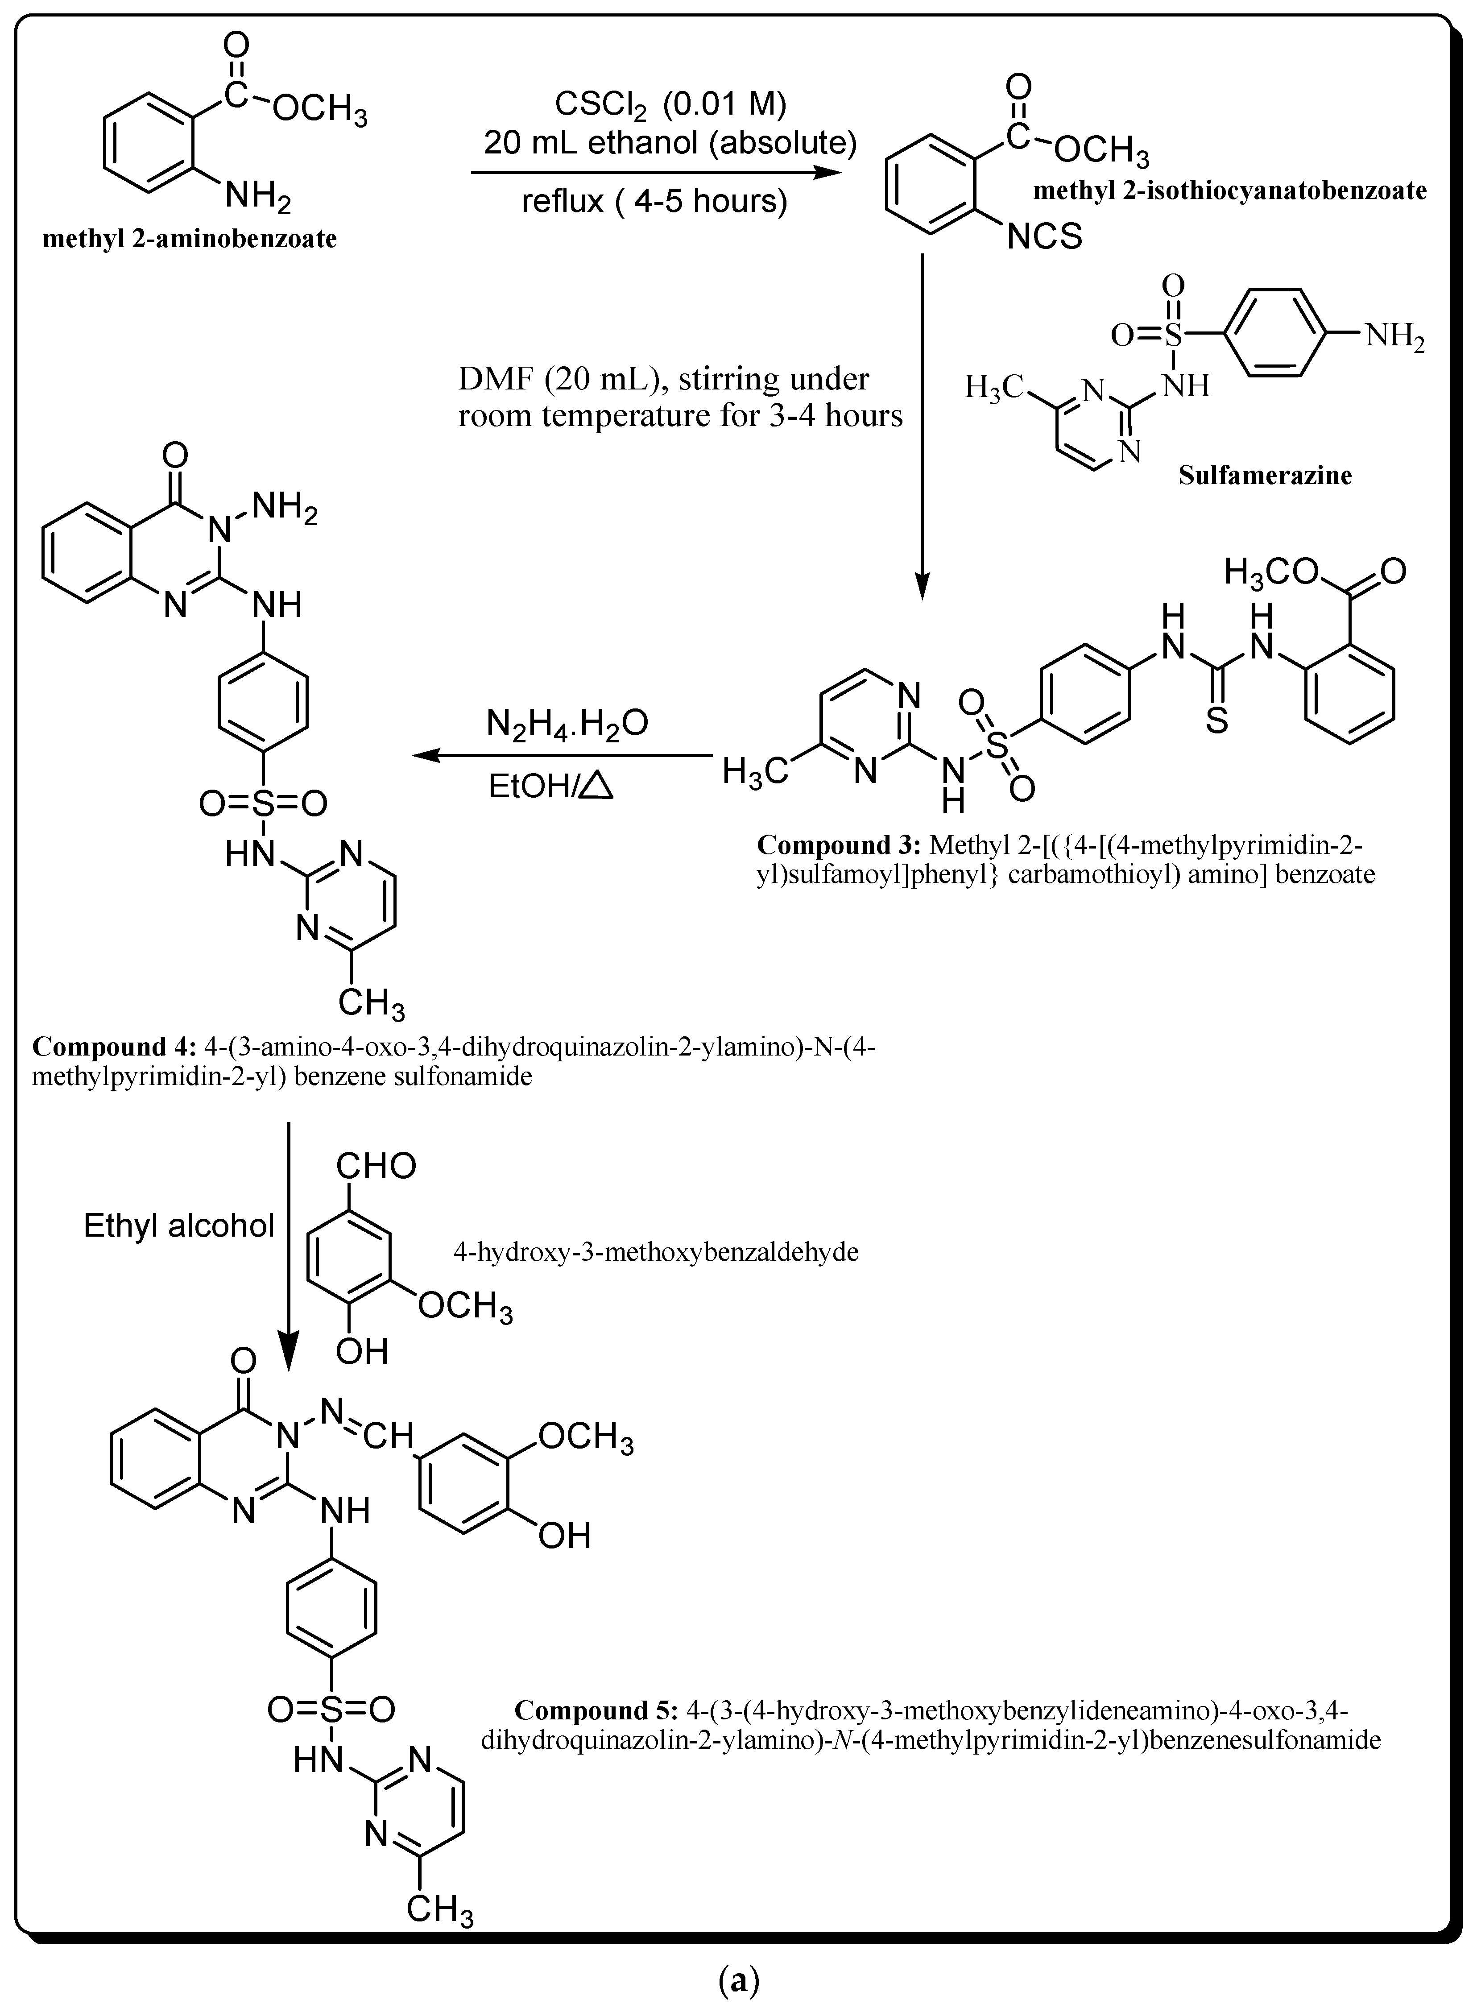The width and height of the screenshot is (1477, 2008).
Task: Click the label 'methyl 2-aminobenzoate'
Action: (190, 240)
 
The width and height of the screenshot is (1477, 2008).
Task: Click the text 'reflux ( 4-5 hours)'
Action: (655, 201)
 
